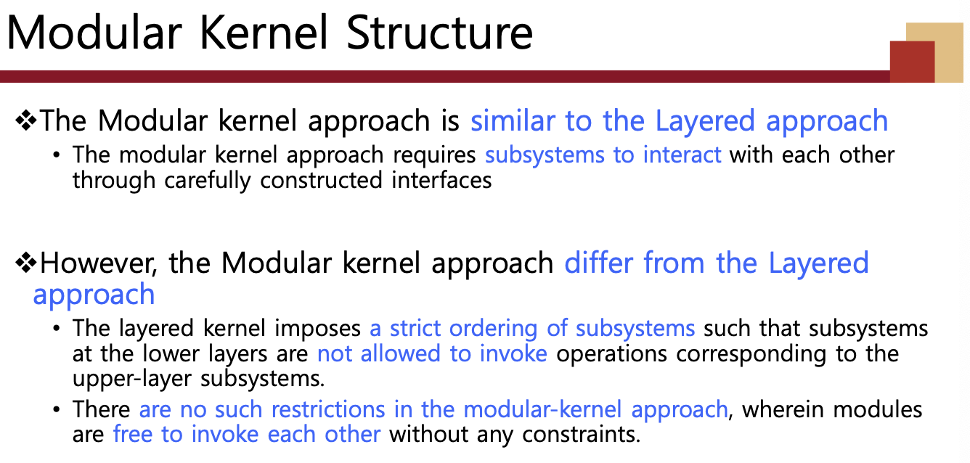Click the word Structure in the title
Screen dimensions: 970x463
coord(439,33)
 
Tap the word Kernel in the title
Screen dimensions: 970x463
coord(264,33)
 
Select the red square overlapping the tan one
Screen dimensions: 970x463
coord(912,62)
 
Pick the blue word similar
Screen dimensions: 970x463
coord(513,120)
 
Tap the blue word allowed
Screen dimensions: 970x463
coord(401,353)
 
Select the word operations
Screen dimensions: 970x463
coord(611,354)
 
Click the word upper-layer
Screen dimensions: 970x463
coord(131,379)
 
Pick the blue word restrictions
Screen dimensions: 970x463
coord(328,409)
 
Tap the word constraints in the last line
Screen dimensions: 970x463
coord(581,434)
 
